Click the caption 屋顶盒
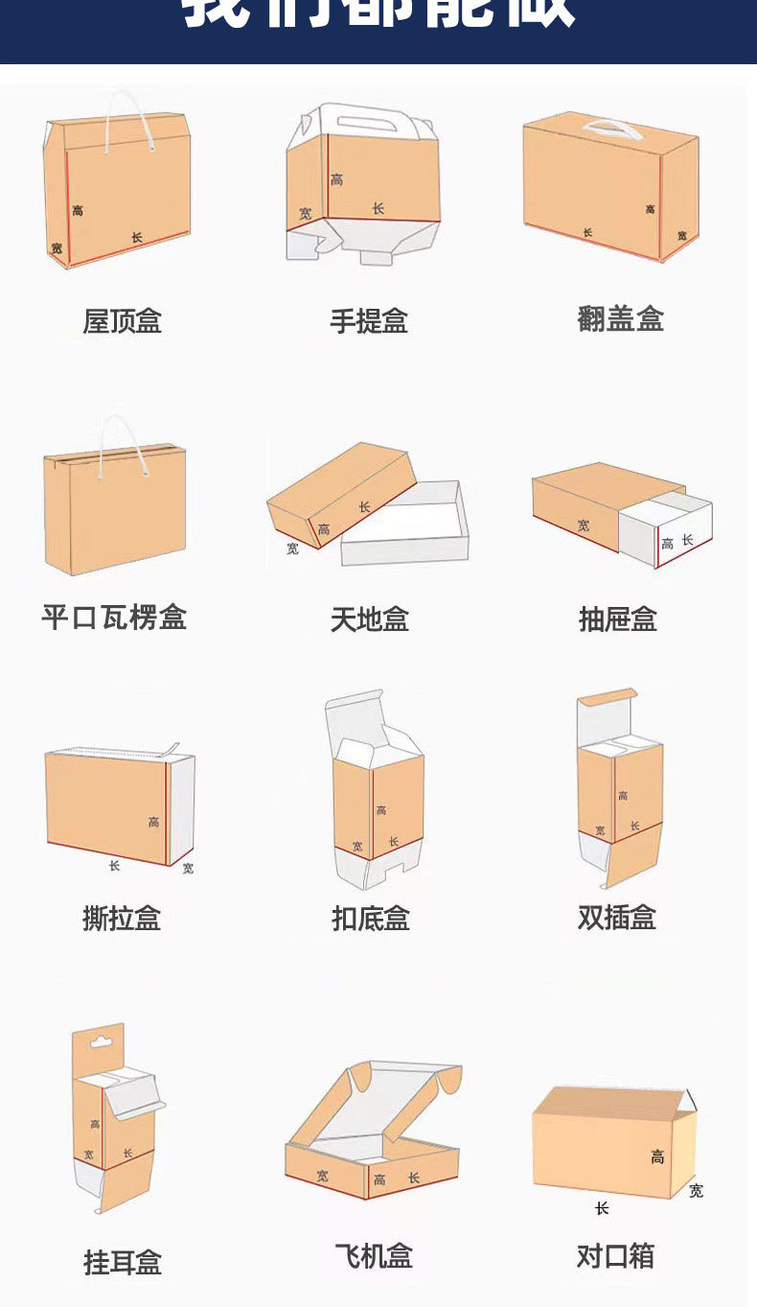pyautogui.click(x=122, y=321)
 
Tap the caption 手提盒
pyautogui.click(x=369, y=321)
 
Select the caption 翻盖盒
pyautogui.click(x=620, y=318)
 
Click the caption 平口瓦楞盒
pyautogui.click(x=114, y=617)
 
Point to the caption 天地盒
pyautogui.click(x=370, y=619)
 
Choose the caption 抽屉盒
pyautogui.click(x=618, y=619)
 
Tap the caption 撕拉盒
pyautogui.click(x=122, y=919)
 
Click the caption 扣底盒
pyautogui.click(x=370, y=919)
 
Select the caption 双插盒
pyautogui.click(x=617, y=918)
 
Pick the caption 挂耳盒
pyautogui.click(x=123, y=1262)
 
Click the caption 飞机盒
pyautogui.click(x=374, y=1255)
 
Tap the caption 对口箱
pyautogui.click(x=615, y=1255)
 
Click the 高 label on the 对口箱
pyautogui.click(x=657, y=1157)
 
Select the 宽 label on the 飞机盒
pyautogui.click(x=323, y=1175)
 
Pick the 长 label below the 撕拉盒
pyautogui.click(x=114, y=866)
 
